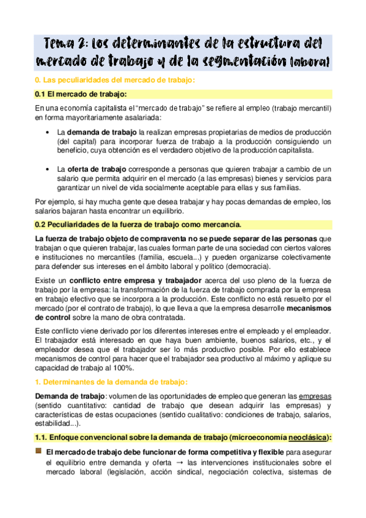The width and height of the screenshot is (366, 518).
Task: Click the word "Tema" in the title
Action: (62, 43)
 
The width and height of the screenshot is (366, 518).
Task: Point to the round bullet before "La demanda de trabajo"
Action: (48, 133)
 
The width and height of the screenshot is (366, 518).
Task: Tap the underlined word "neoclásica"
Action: (301, 438)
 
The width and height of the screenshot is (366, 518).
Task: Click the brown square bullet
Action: (38, 451)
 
